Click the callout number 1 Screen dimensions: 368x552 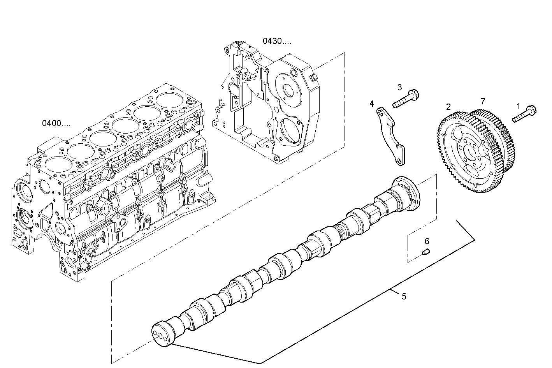[518, 106]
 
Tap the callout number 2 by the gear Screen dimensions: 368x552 [448, 107]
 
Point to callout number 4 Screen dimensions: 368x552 [372, 104]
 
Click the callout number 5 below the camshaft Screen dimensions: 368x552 [404, 297]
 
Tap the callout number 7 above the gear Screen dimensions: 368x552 [483, 101]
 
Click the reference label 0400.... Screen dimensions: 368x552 [56, 123]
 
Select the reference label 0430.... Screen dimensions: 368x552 [276, 41]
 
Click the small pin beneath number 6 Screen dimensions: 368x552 [425, 253]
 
